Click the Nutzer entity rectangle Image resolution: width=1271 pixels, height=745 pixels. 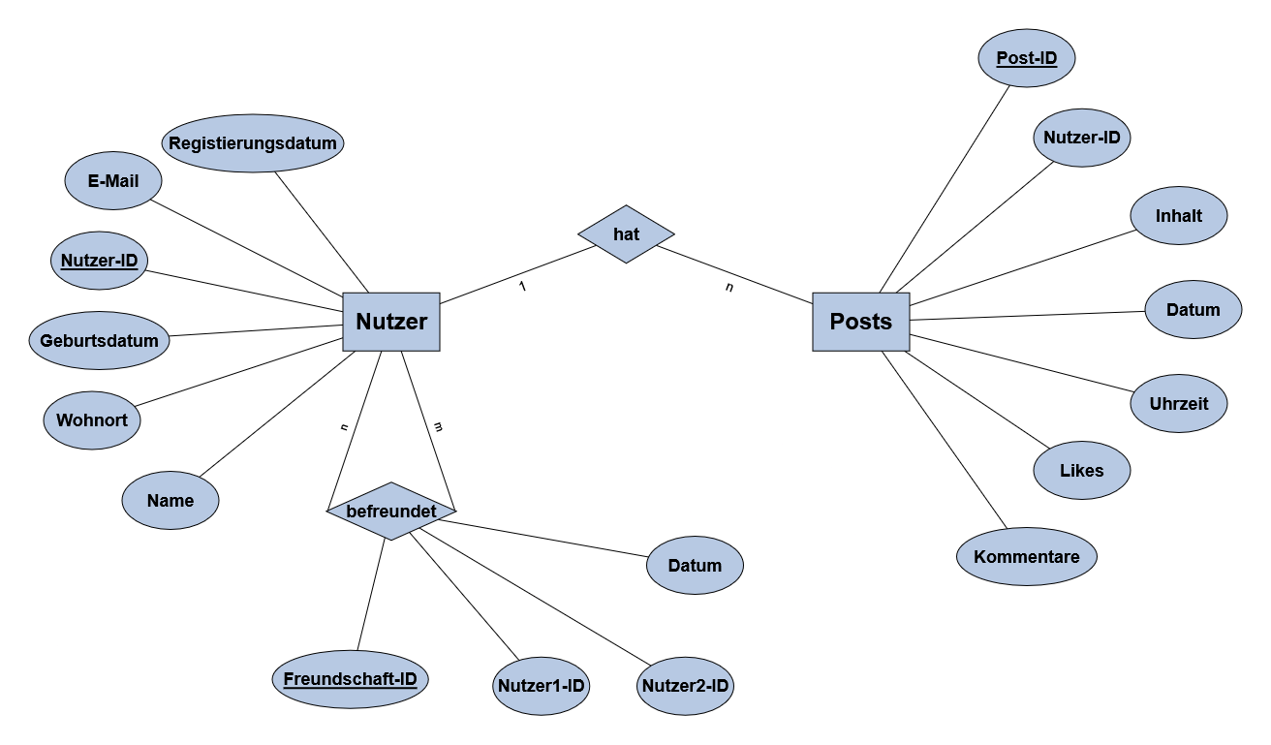[391, 322]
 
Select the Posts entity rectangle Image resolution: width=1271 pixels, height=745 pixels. [860, 322]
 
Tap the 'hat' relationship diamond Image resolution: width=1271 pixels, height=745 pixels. [626, 233]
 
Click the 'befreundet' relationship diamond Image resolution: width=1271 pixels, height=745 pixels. [391, 510]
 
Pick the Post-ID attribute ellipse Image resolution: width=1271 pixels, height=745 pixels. [1026, 58]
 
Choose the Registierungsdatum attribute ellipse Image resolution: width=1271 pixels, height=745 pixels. [253, 143]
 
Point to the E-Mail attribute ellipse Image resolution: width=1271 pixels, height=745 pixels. [113, 181]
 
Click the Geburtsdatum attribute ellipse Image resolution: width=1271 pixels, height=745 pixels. [99, 340]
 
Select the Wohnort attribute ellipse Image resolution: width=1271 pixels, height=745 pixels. [92, 420]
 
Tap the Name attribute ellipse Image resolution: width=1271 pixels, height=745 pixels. [170, 501]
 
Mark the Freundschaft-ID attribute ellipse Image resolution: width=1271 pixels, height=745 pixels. [350, 678]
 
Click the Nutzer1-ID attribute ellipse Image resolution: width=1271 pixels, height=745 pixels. [542, 686]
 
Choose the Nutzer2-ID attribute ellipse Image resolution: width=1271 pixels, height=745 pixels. [685, 686]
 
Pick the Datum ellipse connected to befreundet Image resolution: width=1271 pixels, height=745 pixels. [695, 565]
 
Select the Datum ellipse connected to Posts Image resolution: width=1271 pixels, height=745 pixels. [1193, 310]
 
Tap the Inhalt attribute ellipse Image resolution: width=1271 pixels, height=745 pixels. [1178, 215]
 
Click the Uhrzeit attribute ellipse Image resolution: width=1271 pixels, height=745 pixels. [1178, 403]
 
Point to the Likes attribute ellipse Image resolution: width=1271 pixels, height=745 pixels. [1081, 471]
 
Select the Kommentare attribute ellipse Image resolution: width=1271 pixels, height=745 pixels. [1026, 557]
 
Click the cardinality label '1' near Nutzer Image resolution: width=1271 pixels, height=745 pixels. [522, 287]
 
